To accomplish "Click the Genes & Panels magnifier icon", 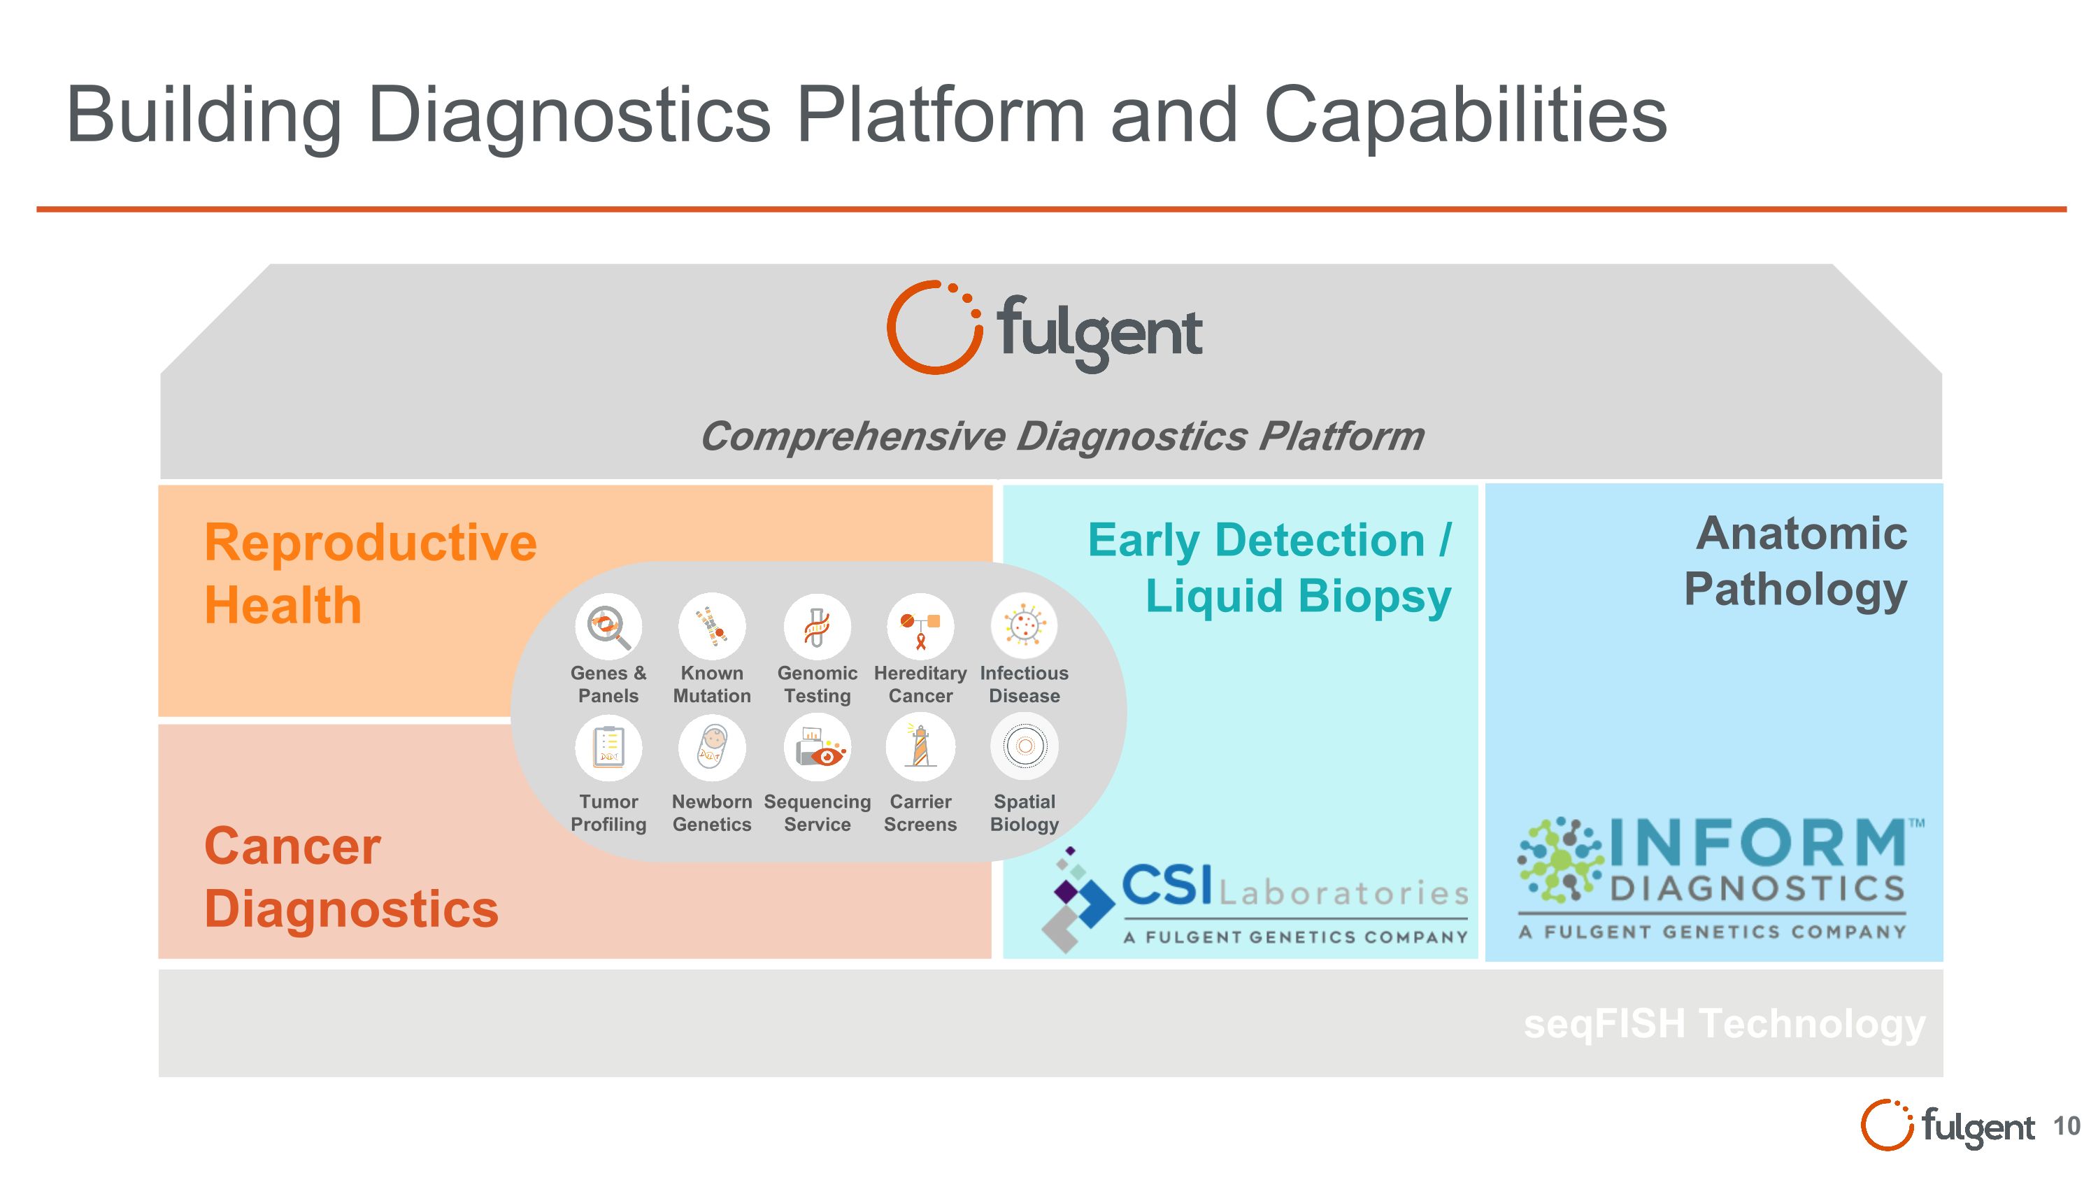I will point(608,625).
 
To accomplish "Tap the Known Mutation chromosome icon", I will point(712,625).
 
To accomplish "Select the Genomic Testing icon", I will point(817,626).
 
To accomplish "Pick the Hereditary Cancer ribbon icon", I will point(920,626).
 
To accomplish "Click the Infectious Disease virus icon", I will point(1024,625).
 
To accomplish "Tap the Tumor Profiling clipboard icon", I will point(608,747).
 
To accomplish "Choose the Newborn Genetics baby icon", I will point(712,747).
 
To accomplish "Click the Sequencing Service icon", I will point(817,747).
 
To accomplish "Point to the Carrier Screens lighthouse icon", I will point(920,747).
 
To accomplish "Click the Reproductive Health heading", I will point(370,574).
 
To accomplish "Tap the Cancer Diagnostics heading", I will point(351,877).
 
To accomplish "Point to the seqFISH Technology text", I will point(1724,1023).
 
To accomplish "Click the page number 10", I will point(2067,1126).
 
